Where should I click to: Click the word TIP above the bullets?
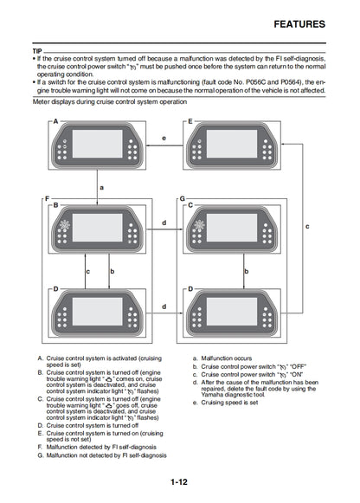click(37, 51)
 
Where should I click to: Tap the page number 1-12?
click(179, 482)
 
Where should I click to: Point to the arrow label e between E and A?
click(164, 138)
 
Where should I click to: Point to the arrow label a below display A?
click(101, 186)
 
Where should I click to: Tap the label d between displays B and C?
click(164, 222)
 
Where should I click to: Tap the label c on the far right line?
click(307, 225)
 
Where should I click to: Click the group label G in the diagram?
click(183, 198)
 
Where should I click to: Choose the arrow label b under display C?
click(247, 271)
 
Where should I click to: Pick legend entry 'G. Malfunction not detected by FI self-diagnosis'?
click(102, 455)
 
